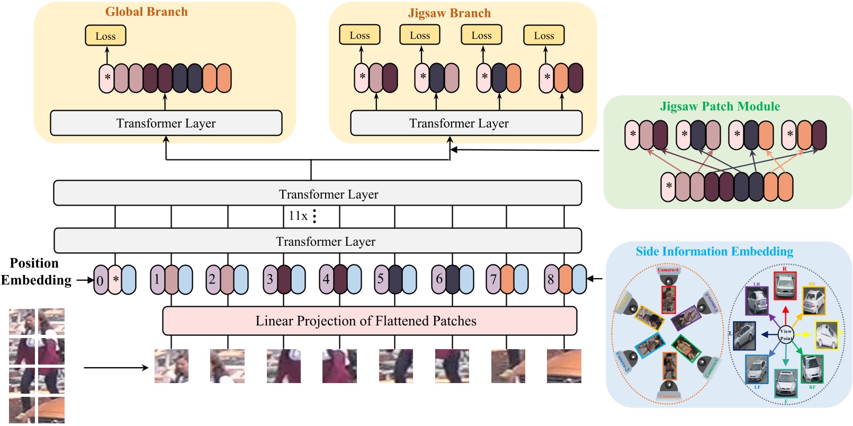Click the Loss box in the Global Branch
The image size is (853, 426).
[105, 36]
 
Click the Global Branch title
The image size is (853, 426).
[146, 12]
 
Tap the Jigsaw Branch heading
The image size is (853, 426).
[449, 13]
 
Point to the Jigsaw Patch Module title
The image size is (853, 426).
[720, 106]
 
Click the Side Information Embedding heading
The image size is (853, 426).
[714, 251]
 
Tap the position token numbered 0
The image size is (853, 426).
[100, 280]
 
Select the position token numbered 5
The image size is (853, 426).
[380, 279]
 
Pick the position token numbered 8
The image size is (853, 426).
[551, 279]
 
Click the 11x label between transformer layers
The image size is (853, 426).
[298, 216]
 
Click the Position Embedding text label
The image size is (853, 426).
[35, 271]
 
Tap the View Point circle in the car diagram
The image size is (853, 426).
[786, 334]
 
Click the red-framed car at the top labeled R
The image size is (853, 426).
[785, 286]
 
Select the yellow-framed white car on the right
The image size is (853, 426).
[826, 335]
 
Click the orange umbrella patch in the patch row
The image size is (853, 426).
[564, 366]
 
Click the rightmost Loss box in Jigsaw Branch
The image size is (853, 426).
[544, 36]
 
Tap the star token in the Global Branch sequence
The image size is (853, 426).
[107, 78]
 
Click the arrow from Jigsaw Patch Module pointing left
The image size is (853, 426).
[524, 150]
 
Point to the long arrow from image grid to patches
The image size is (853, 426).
[116, 367]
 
